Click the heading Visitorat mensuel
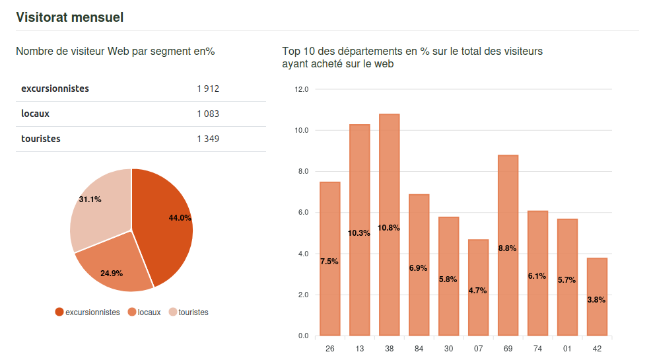[70, 17]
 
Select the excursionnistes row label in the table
[55, 89]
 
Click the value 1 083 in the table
[207, 114]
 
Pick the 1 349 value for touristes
[207, 139]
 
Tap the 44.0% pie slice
[165, 225]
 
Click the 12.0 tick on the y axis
[302, 89]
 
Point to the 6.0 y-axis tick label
[303, 213]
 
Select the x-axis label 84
[419, 349]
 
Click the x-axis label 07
[478, 349]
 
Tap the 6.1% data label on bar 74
[537, 276]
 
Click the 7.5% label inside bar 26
[329, 262]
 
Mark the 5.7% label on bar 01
[566, 280]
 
